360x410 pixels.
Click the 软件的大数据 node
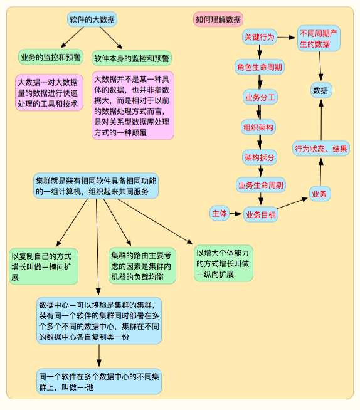(93, 19)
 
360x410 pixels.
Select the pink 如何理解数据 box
(218, 19)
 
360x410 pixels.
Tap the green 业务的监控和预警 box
(50, 58)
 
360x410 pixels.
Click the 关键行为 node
(259, 38)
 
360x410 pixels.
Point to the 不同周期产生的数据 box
(319, 38)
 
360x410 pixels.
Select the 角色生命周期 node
(259, 67)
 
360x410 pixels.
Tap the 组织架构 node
(258, 127)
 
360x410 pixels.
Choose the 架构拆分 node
(259, 157)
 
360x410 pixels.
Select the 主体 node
(220, 213)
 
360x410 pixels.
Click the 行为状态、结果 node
(321, 149)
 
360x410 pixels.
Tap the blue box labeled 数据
(320, 90)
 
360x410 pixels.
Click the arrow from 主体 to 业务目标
(236, 214)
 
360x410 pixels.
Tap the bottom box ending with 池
(99, 382)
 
